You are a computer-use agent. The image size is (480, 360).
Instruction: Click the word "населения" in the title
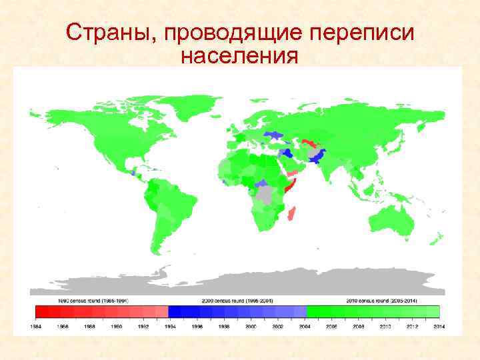pyautogui.click(x=238, y=57)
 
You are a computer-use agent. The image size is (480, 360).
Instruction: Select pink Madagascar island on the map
pyautogui.click(x=291, y=214)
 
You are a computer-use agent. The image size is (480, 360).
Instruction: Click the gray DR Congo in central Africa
pyautogui.click(x=267, y=194)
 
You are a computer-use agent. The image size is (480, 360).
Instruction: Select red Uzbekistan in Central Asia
pyautogui.click(x=309, y=142)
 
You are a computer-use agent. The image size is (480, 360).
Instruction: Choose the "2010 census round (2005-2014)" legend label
pyautogui.click(x=381, y=301)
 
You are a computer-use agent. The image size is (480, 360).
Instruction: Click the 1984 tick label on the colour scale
pyautogui.click(x=38, y=326)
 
